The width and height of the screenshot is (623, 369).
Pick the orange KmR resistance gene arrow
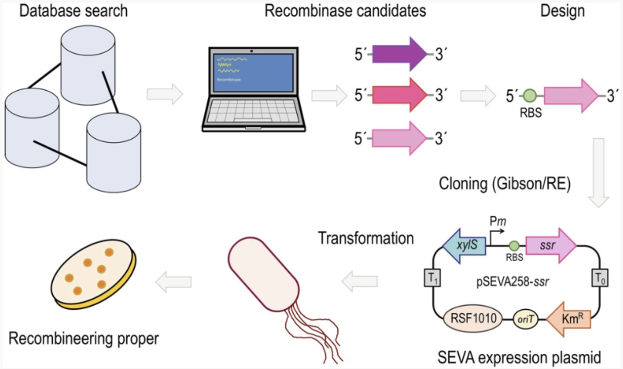click(569, 319)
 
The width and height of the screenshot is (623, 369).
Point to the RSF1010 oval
click(473, 318)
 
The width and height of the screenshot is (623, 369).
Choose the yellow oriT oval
click(525, 319)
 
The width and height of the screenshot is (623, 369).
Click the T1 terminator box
click(432, 278)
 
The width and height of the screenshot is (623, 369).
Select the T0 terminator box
click(599, 278)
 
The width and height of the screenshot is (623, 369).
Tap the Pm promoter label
click(498, 222)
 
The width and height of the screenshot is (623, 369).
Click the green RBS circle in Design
click(530, 95)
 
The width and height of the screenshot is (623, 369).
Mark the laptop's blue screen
click(252, 72)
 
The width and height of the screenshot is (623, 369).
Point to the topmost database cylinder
click(88, 65)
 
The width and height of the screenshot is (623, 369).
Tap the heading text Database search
click(73, 10)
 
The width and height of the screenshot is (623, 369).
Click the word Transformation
click(366, 238)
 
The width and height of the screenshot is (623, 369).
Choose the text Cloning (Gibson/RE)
click(504, 184)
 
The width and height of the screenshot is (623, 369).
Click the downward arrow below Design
click(599, 172)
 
